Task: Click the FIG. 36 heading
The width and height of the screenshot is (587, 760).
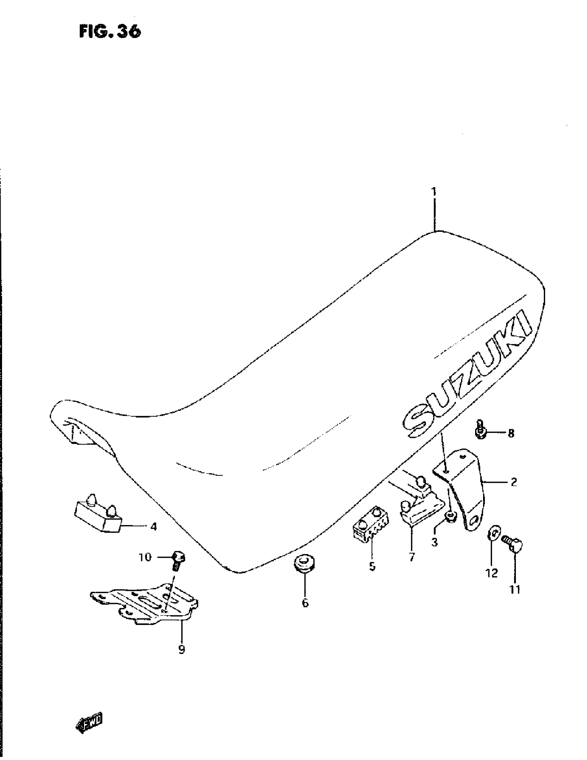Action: [110, 31]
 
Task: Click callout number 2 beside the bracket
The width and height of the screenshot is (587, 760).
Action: [513, 482]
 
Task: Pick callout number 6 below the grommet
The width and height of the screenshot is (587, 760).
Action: [305, 603]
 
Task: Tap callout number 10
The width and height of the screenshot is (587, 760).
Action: [145, 557]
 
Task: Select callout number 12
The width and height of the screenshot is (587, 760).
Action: [492, 573]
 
